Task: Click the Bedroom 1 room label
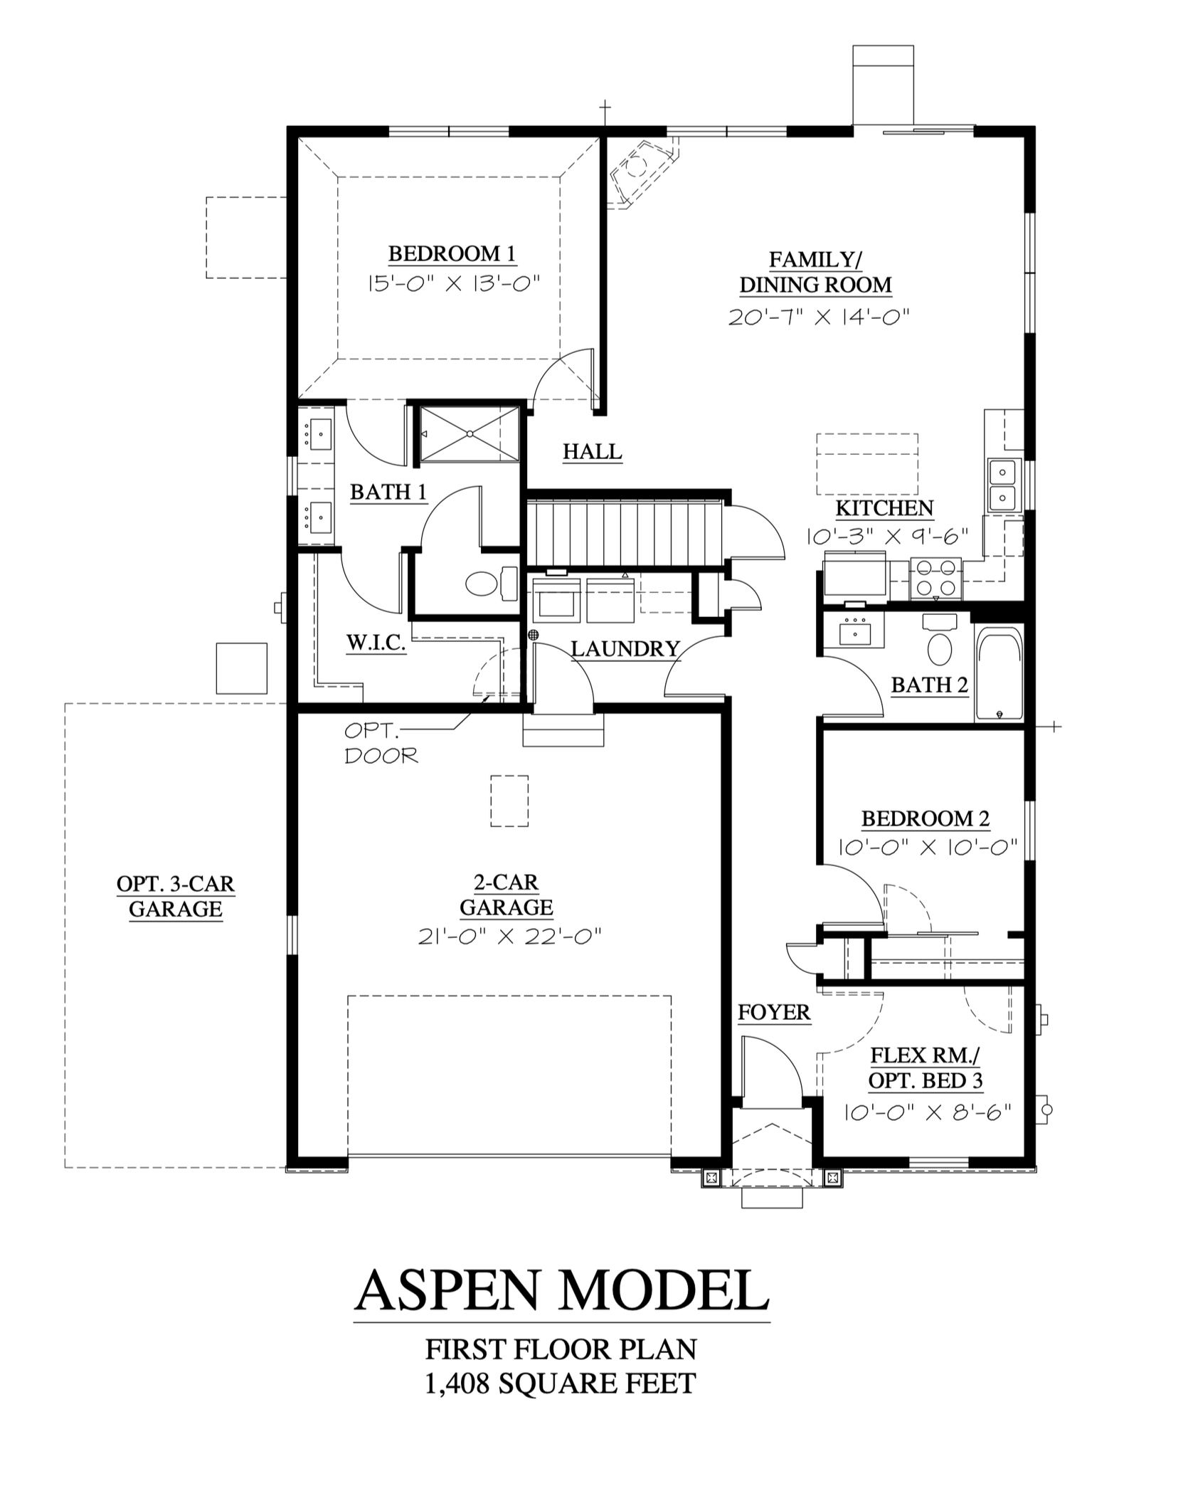pos(452,254)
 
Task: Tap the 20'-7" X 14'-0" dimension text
pos(819,316)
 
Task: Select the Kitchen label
pos(884,508)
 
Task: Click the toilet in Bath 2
pos(940,641)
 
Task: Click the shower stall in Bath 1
pos(469,433)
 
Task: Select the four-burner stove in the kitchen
pos(935,578)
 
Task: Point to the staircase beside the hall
pos(625,533)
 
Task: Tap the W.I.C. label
pos(376,643)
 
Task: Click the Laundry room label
pos(625,648)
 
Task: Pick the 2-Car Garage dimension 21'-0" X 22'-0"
pos(509,937)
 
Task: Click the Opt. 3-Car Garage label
pos(176,896)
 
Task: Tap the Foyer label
pos(774,1012)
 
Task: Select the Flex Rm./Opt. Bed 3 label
pos(926,1068)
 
